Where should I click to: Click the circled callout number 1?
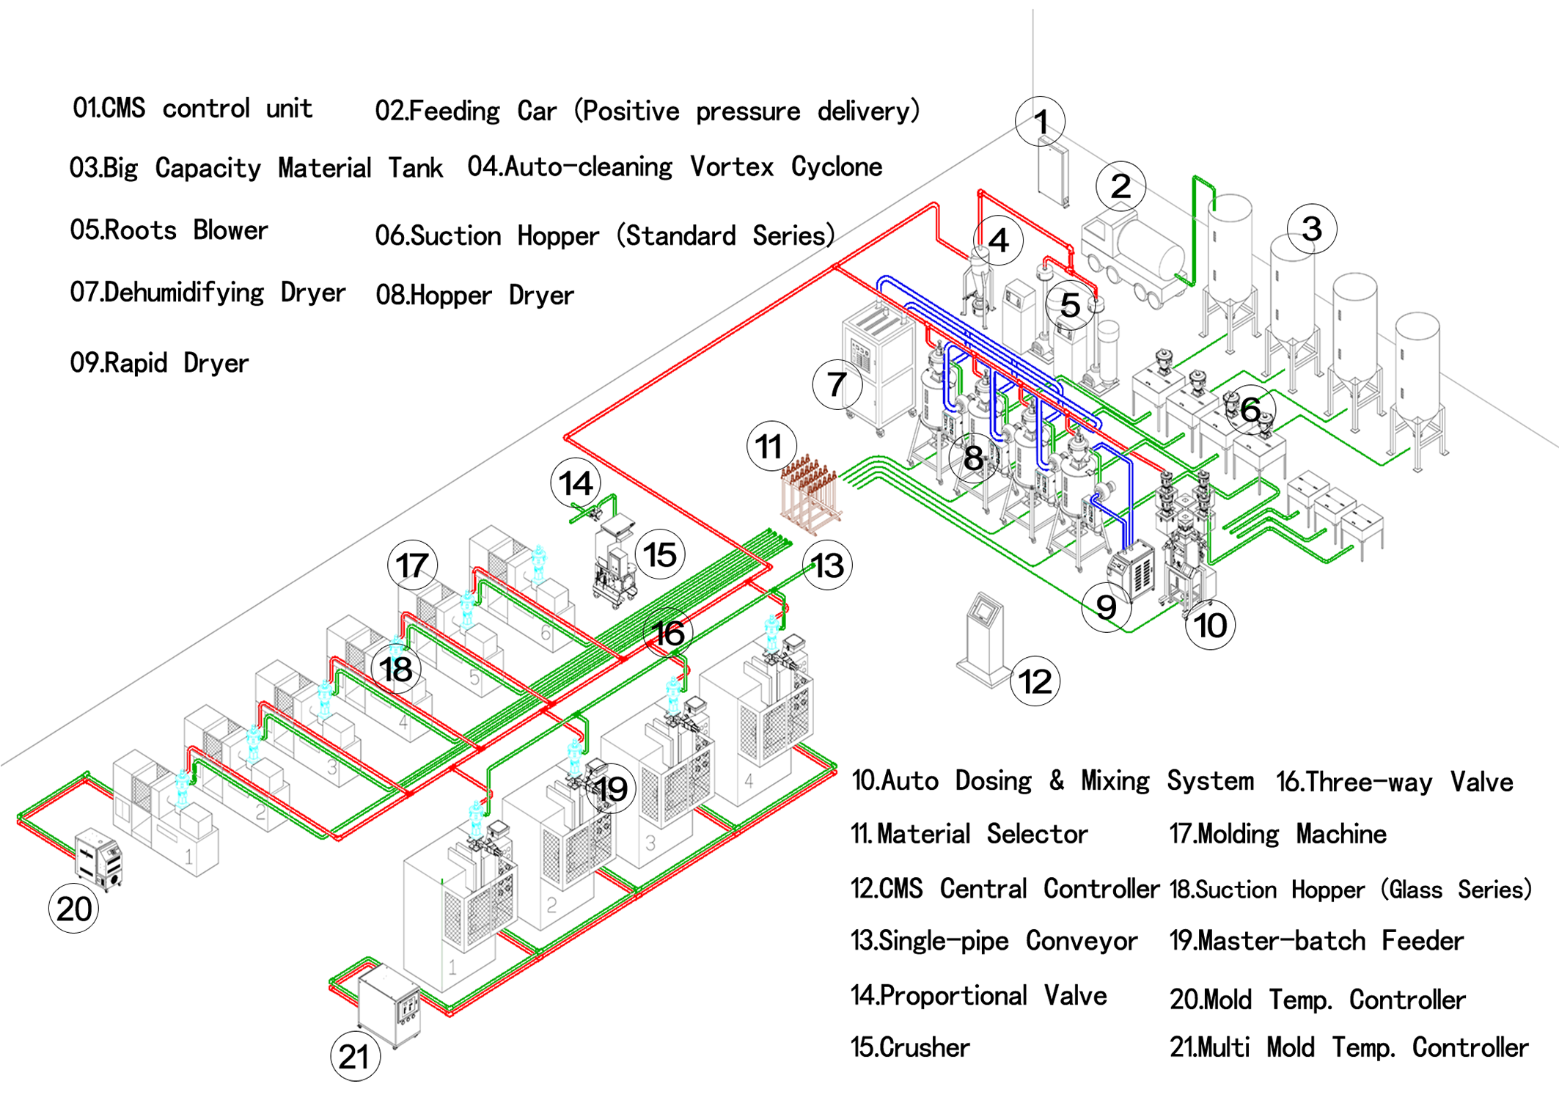tap(1040, 121)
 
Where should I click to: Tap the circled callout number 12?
tap(1035, 681)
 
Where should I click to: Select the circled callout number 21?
tap(355, 1056)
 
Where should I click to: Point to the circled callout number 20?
tap(73, 909)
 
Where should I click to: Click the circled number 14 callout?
tap(576, 483)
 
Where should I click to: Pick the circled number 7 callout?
tap(837, 384)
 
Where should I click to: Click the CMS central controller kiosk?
tap(983, 638)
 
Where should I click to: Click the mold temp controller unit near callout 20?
tap(99, 859)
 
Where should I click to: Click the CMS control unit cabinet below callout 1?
tap(1053, 173)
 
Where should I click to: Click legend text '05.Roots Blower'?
tap(169, 230)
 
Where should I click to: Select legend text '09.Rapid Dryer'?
tap(159, 363)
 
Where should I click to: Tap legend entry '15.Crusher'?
tap(910, 1047)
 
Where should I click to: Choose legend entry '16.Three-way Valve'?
tap(1394, 782)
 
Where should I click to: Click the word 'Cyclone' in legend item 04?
tap(836, 167)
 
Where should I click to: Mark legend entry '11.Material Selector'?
tap(969, 834)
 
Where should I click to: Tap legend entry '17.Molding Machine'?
tap(1277, 834)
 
